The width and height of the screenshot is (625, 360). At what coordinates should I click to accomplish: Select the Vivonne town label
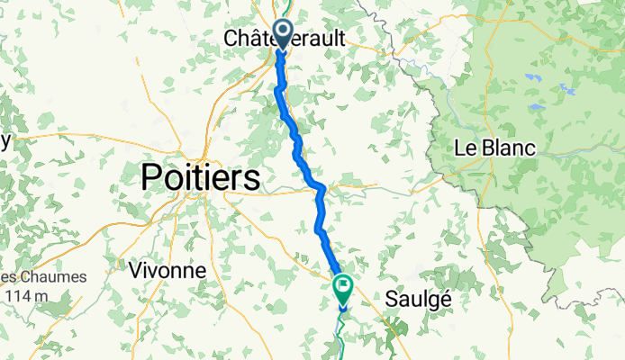[167, 270]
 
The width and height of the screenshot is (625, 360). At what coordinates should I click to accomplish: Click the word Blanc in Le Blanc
[509, 148]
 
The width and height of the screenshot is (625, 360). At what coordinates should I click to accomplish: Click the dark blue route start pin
[283, 33]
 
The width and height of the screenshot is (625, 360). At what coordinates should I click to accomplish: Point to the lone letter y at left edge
[5, 140]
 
